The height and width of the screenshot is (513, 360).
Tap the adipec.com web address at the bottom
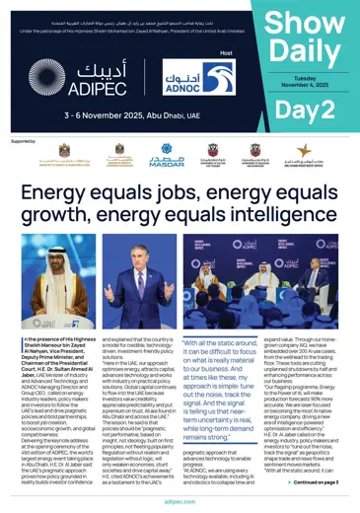(x=180, y=502)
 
